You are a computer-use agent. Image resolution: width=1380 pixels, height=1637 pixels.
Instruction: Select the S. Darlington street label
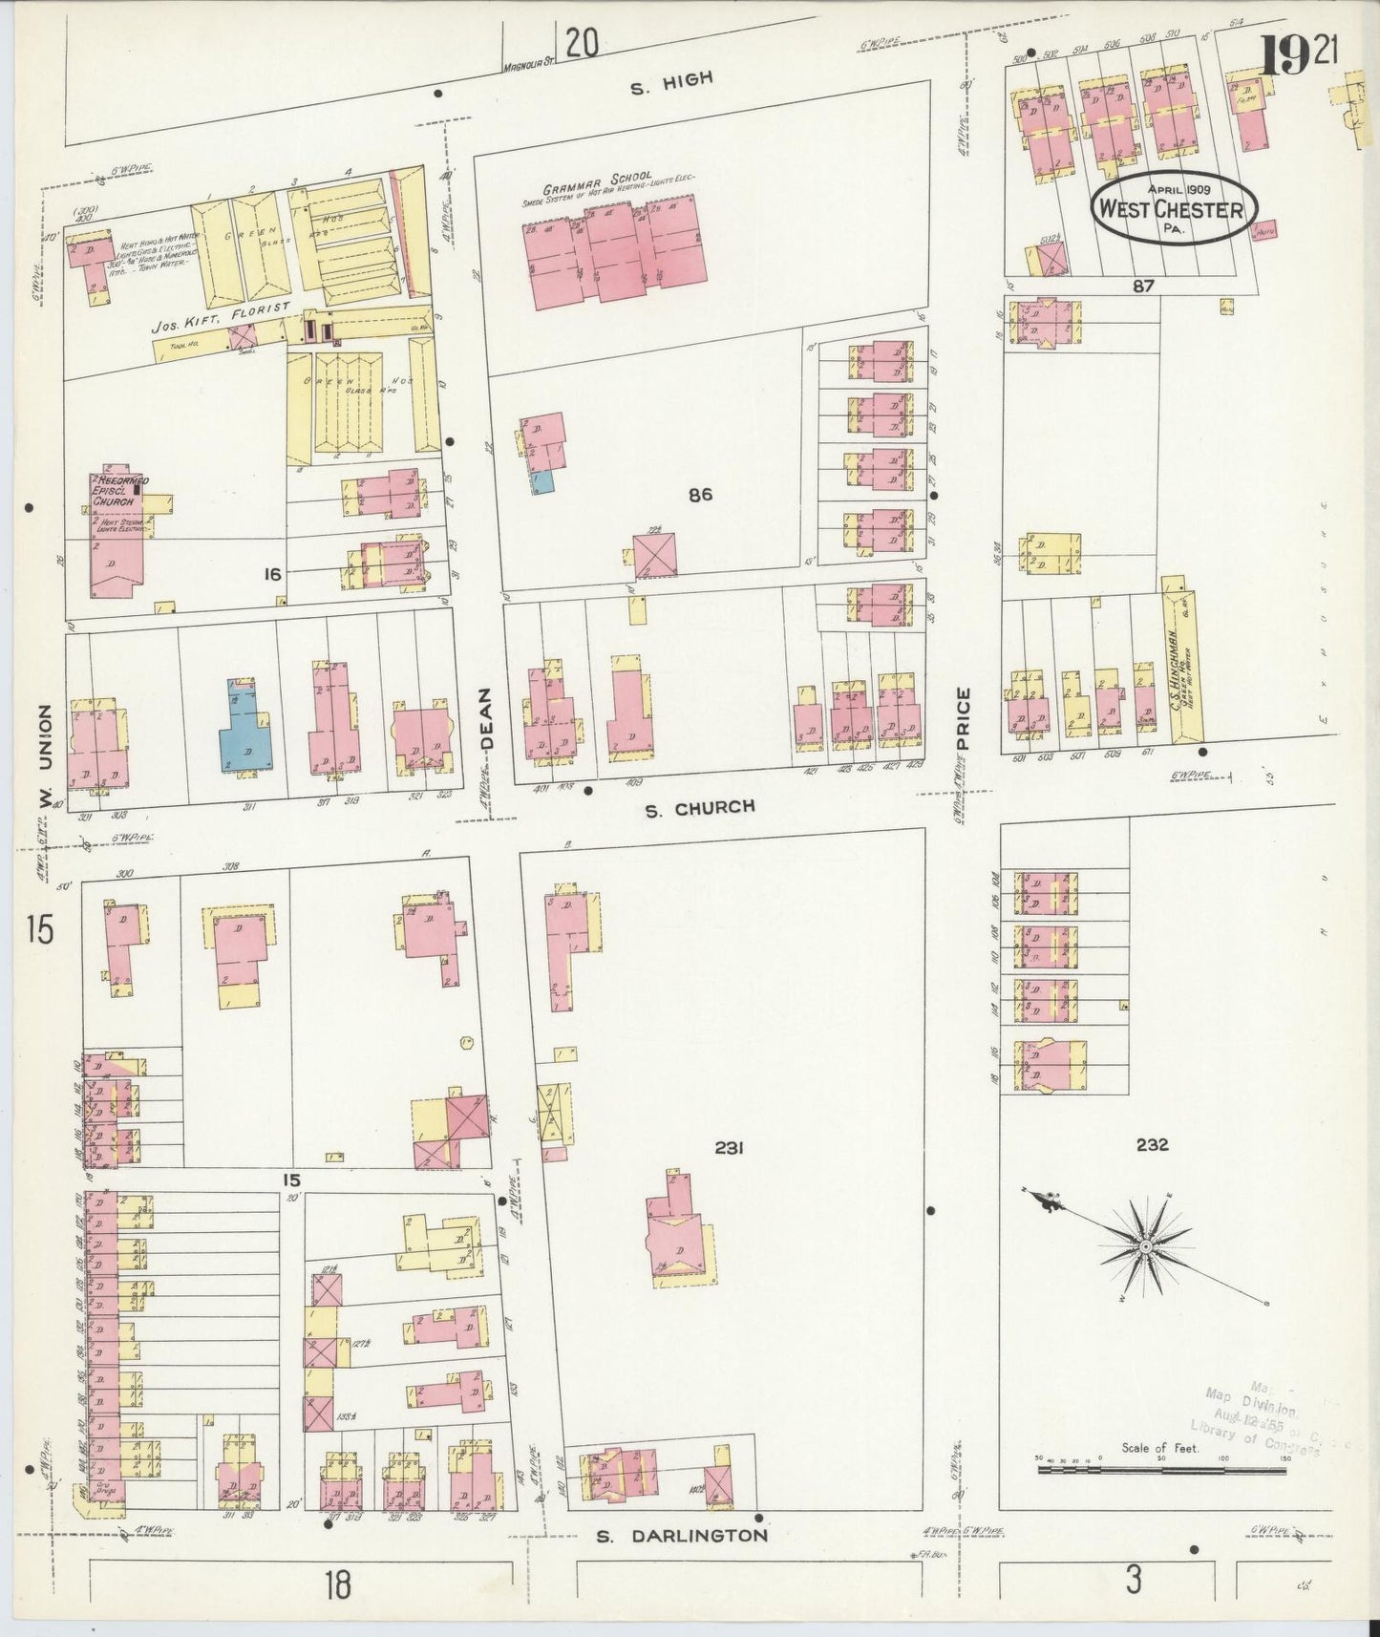pos(681,1536)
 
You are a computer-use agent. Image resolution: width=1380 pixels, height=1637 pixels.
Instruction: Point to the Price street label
pos(963,719)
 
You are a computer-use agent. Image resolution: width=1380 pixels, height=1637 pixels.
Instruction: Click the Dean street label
pos(487,718)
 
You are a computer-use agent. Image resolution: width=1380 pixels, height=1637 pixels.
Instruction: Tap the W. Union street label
pos(44,756)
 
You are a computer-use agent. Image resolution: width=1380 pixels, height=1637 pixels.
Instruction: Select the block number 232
pos(1152,1145)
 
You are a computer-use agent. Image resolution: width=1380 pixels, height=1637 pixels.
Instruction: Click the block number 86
pos(700,495)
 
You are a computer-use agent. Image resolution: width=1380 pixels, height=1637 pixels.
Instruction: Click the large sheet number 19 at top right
pos(1284,56)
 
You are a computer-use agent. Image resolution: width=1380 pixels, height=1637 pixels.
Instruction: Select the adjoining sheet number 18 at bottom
pos(336,1585)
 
